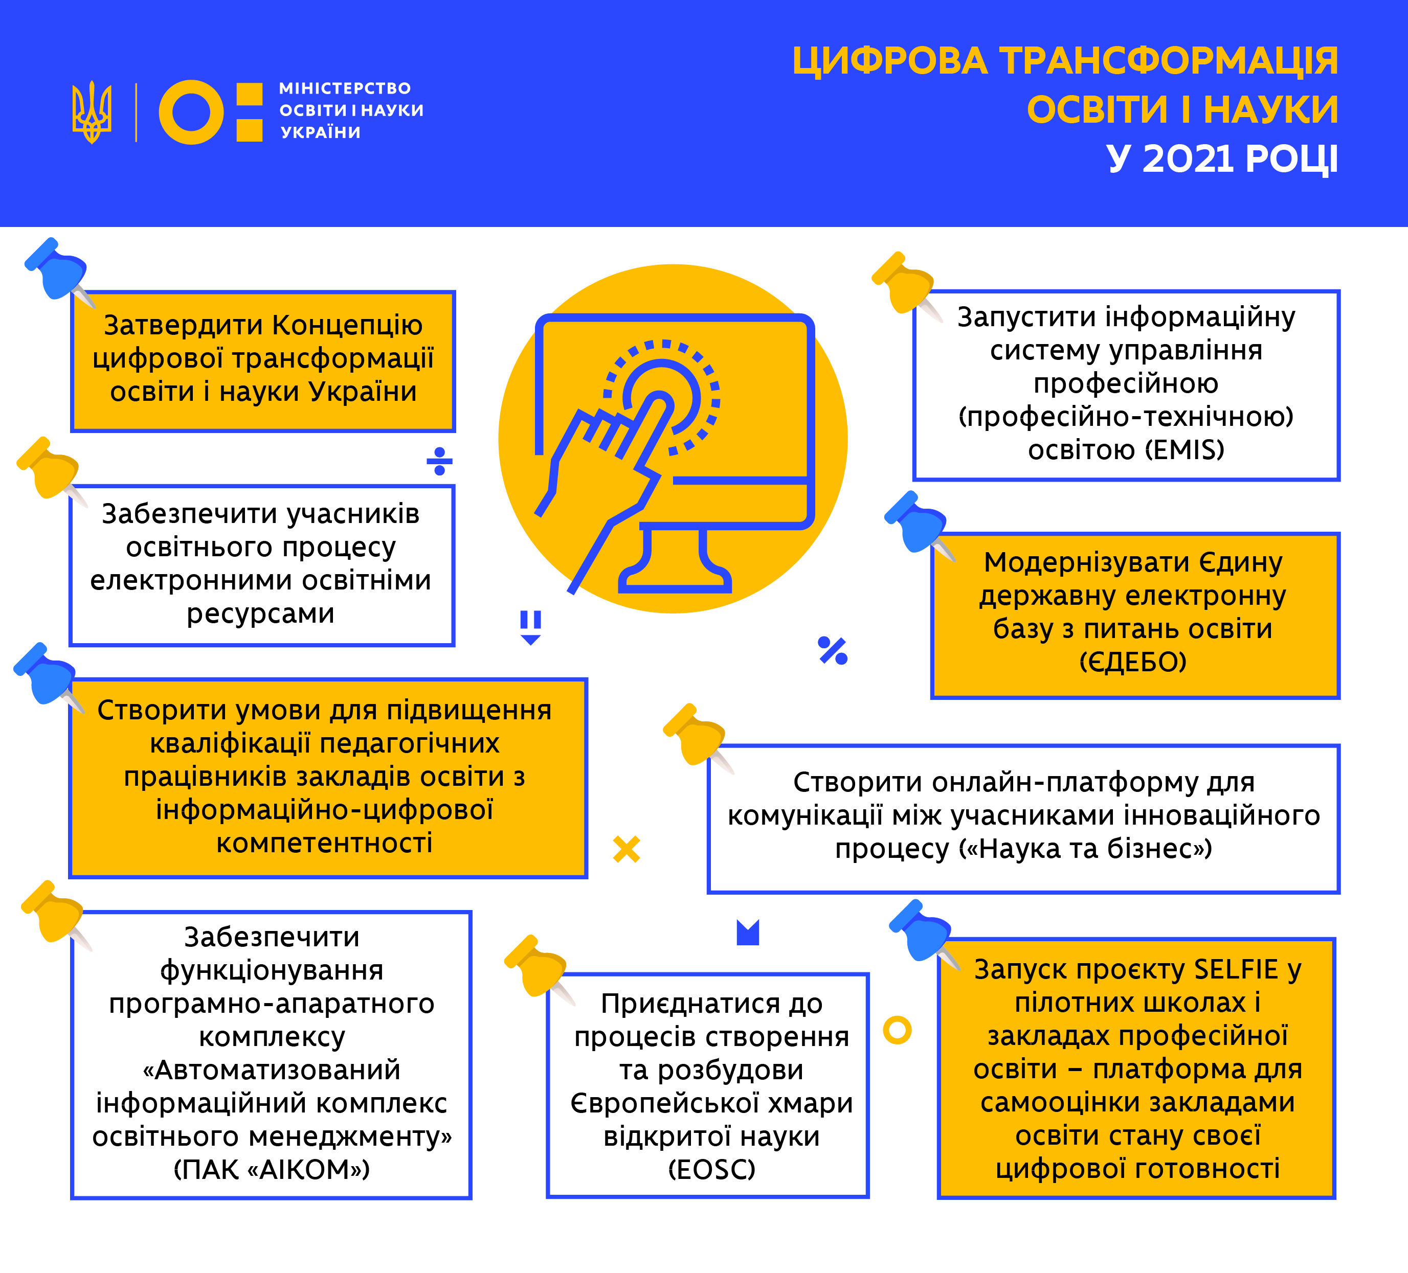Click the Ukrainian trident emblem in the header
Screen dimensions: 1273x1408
[92, 112]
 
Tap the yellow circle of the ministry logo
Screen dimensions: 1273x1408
[191, 112]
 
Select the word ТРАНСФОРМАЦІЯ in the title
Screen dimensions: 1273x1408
[1169, 61]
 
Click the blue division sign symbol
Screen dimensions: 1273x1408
[439, 461]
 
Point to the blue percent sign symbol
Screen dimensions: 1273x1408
[833, 651]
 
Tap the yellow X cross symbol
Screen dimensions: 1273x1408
[627, 849]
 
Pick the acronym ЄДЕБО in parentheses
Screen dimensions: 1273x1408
[1133, 661]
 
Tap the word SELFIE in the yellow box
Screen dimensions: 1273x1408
[1236, 969]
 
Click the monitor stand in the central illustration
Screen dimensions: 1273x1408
[675, 559]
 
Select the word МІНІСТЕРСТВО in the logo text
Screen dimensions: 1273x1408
[345, 88]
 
